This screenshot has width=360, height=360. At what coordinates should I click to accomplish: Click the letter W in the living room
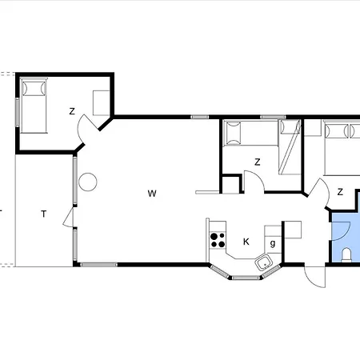[x=152, y=194]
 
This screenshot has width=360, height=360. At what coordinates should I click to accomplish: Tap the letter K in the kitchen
[x=246, y=242]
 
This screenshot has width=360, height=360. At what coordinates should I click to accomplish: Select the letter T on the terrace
[x=44, y=214]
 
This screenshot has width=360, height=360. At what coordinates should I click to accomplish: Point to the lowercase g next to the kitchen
[x=273, y=243]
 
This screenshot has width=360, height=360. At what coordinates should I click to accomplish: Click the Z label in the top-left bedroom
[x=72, y=111]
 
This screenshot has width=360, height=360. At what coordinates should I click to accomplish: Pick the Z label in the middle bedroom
[x=258, y=162]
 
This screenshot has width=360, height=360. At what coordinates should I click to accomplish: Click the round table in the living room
[x=88, y=182]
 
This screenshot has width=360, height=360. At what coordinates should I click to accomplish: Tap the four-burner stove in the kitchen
[x=218, y=240]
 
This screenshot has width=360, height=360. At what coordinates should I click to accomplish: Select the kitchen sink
[x=264, y=262]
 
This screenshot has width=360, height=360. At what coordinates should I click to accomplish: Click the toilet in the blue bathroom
[x=346, y=255]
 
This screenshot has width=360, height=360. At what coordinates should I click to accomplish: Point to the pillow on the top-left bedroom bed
[x=34, y=89]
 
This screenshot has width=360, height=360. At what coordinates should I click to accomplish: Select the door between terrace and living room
[x=69, y=218]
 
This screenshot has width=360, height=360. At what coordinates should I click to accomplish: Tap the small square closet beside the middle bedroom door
[x=231, y=184]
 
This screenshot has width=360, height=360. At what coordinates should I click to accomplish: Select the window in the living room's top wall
[x=200, y=117]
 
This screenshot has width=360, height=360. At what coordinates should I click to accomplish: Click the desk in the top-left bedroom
[x=102, y=103]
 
